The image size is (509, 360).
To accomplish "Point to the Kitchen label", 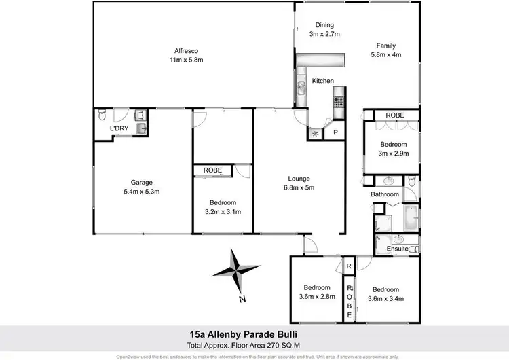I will pos(323,81).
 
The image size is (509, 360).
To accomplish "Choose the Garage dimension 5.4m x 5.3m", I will pos(142,192).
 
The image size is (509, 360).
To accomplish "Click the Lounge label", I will pos(299,179).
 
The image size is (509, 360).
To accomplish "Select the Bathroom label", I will pos(385,194).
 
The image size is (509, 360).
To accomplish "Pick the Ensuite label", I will pos(398,249).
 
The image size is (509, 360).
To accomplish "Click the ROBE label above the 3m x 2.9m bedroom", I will pos(395,115).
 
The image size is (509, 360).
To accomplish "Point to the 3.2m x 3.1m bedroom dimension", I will pos(223,212).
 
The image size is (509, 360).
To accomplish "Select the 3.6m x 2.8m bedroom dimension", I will pos(317,296).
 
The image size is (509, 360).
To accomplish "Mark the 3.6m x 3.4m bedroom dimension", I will pos(385,296).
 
